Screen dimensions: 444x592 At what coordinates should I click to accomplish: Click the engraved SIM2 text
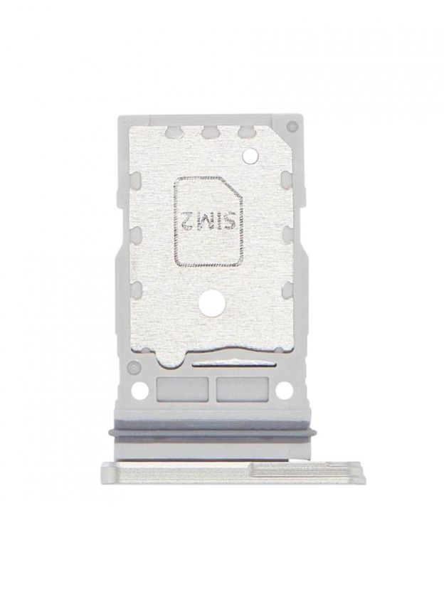coord(208,220)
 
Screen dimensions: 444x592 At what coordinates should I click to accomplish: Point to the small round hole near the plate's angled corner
coord(249,155)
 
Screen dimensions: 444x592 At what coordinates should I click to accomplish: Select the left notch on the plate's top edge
coord(172,132)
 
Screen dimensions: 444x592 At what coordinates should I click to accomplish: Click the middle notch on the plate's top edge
coord(208,132)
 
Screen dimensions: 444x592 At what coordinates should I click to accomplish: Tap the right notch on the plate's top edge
coord(245,132)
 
